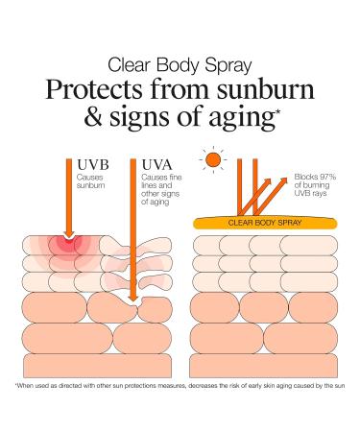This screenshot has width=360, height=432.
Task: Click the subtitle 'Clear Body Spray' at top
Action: [x=180, y=66]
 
